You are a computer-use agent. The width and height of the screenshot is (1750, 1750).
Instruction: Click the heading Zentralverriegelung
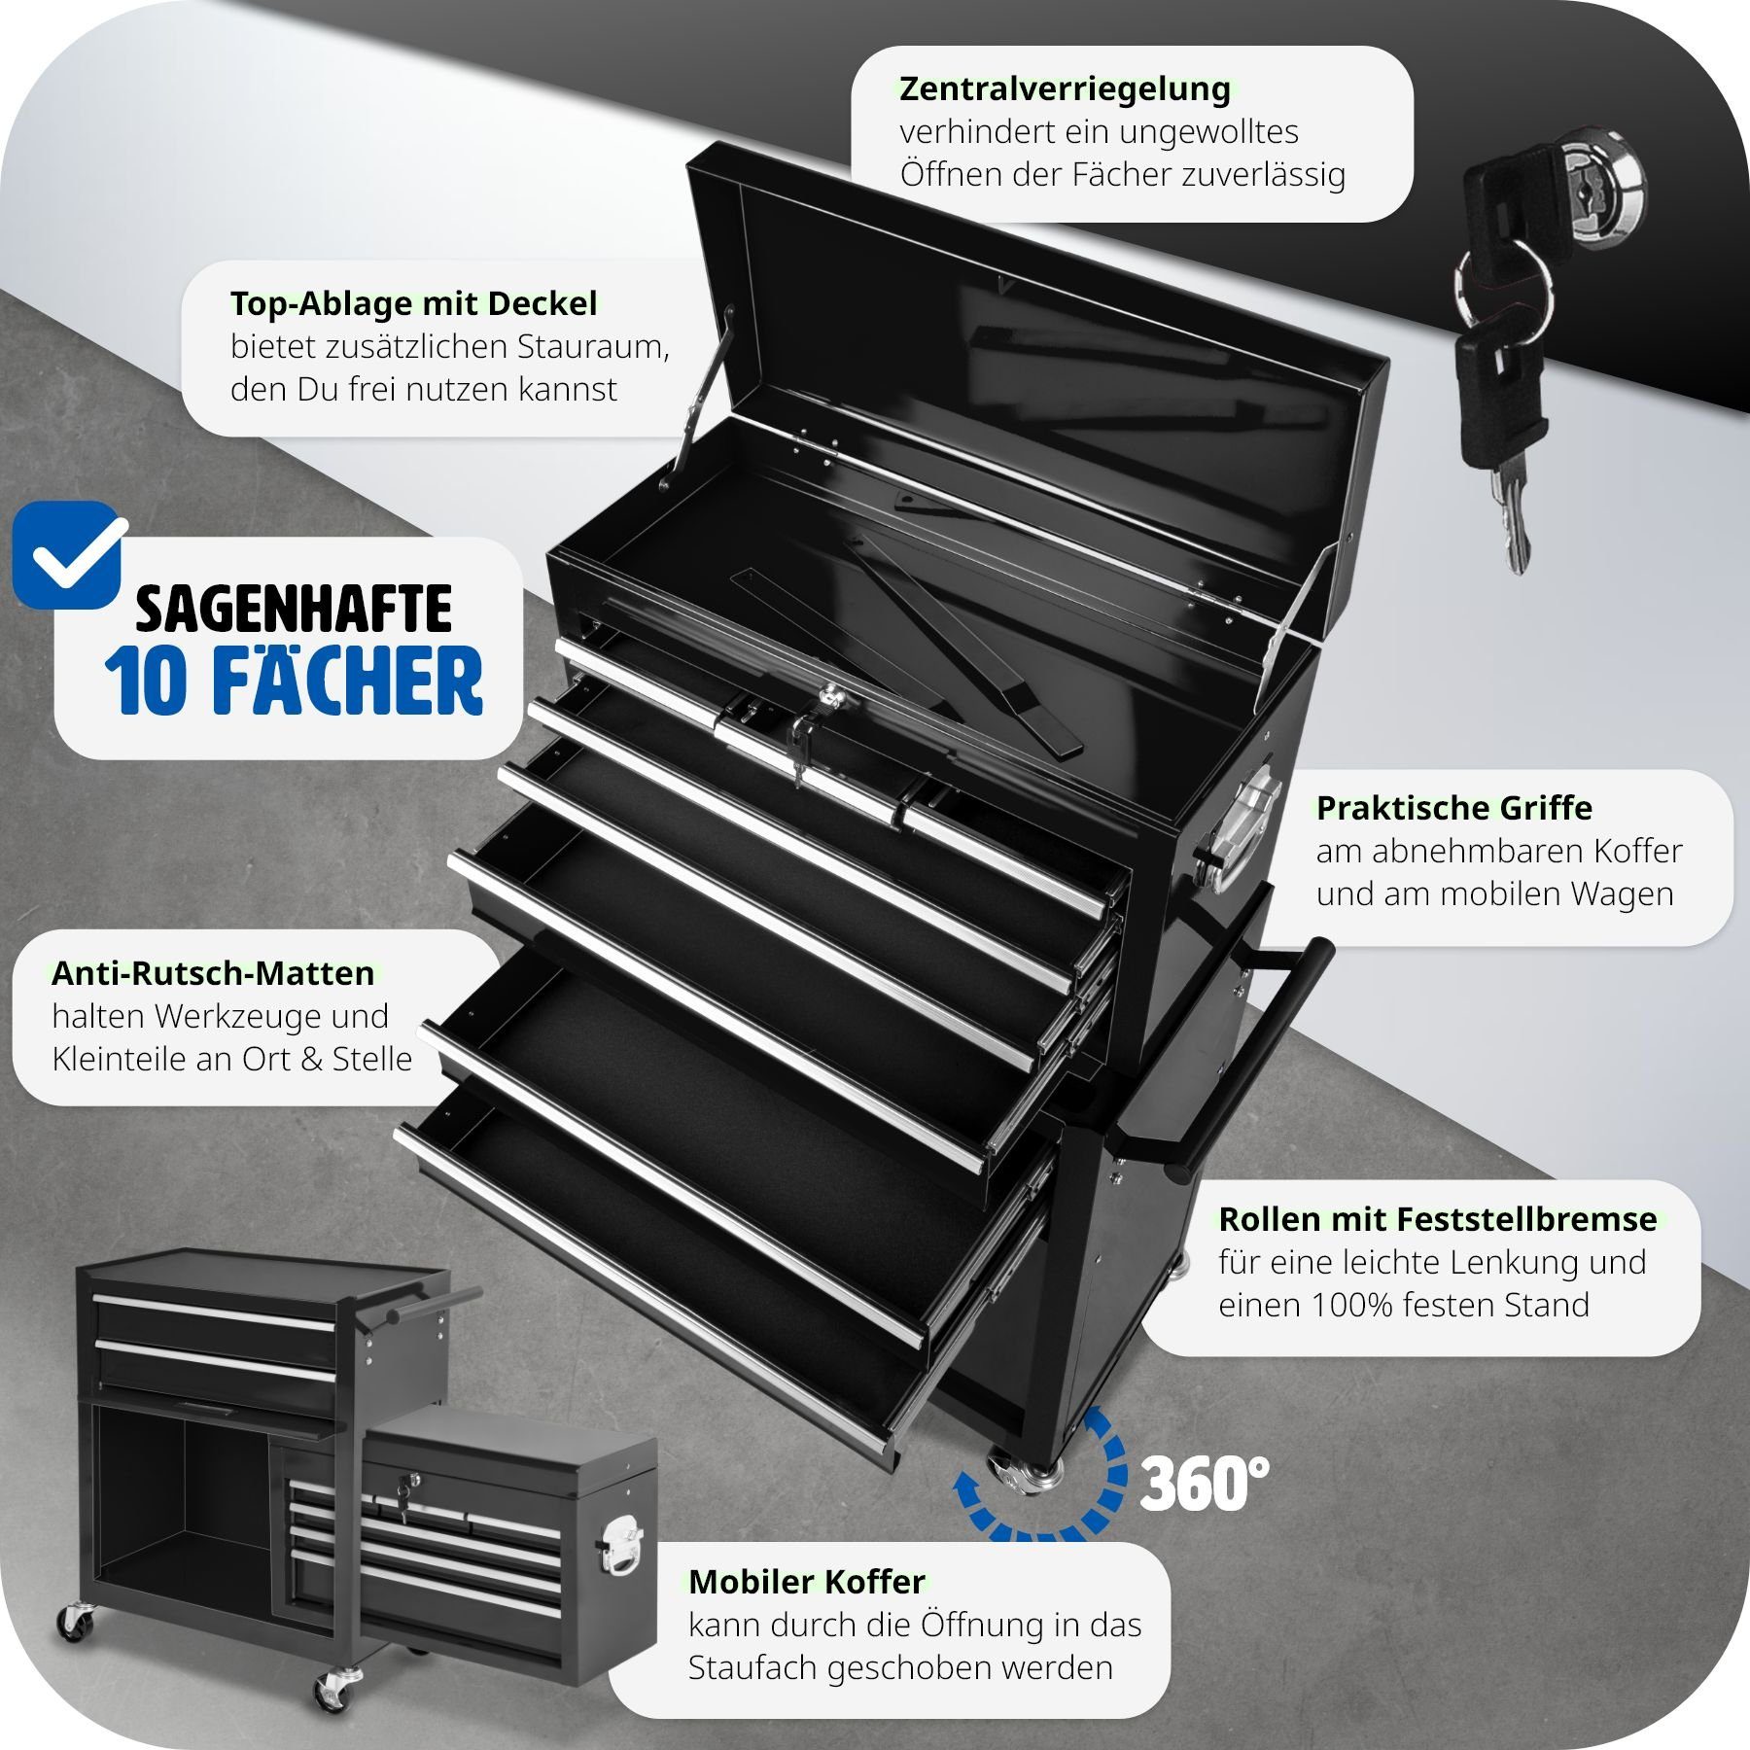tap(1065, 88)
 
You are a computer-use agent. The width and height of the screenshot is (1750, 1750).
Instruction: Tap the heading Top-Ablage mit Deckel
tap(413, 303)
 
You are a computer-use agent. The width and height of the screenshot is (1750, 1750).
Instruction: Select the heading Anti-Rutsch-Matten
tap(213, 973)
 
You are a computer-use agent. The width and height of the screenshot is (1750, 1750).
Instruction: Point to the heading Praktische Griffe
tap(1454, 808)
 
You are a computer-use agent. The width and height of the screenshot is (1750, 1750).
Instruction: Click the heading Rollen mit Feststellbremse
tap(1438, 1219)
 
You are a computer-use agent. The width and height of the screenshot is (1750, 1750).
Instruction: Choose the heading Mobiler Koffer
tap(807, 1582)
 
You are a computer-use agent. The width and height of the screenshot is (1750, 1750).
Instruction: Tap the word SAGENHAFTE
tap(294, 609)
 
